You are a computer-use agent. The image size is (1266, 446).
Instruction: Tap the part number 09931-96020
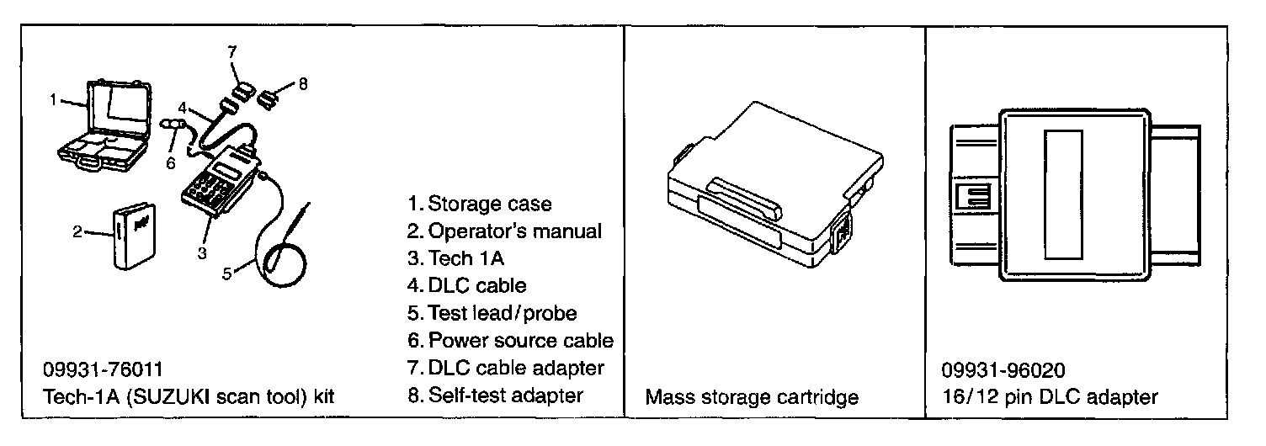click(x=1003, y=370)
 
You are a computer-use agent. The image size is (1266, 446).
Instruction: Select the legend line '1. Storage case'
click(x=479, y=204)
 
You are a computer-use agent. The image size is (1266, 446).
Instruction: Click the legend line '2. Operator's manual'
click(x=503, y=231)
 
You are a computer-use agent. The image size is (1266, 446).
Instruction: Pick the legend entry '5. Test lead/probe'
click(x=492, y=313)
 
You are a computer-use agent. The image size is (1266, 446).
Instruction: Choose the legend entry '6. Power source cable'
click(x=509, y=341)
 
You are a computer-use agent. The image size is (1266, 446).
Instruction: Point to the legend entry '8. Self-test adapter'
click(x=495, y=395)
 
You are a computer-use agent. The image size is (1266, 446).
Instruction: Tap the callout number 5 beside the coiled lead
click(x=226, y=272)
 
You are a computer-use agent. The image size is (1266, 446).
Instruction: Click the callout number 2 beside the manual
click(x=77, y=232)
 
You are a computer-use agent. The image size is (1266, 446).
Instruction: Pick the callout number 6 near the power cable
click(x=171, y=162)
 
